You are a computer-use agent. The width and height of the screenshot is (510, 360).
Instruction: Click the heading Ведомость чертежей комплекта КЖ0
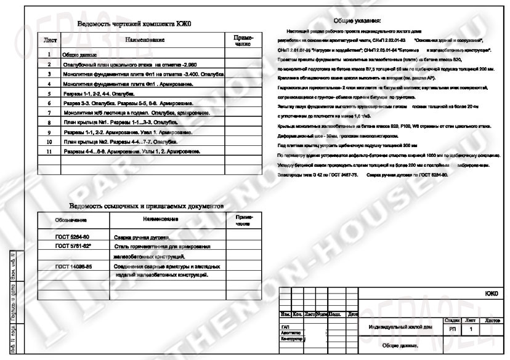[135, 24]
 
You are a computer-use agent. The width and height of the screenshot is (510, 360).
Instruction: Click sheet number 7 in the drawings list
[48, 113]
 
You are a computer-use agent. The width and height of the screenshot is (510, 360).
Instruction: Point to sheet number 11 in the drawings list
[48, 151]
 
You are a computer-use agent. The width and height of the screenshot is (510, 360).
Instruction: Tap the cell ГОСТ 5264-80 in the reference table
[72, 236]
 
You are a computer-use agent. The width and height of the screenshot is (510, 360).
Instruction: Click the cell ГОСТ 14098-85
[73, 266]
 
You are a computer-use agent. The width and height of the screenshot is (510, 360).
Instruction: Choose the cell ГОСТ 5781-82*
[73, 246]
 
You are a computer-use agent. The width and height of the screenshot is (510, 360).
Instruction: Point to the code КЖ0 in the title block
[490, 294]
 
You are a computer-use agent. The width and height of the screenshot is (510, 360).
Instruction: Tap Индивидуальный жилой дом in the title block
[397, 327]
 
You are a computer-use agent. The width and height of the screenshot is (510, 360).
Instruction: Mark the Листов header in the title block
[493, 321]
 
